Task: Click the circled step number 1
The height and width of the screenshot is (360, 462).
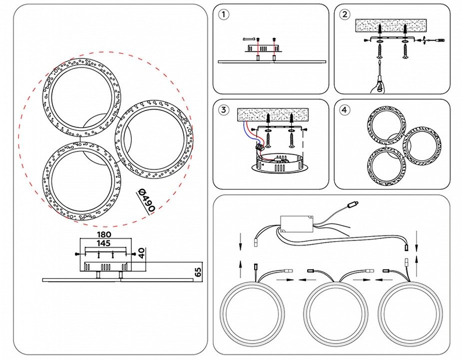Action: (x=224, y=14)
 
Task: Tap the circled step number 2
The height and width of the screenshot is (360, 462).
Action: (x=344, y=14)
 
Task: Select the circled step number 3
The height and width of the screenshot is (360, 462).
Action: (x=224, y=109)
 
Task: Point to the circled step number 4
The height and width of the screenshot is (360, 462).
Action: (x=344, y=109)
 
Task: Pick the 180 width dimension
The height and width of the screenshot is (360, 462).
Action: (x=103, y=234)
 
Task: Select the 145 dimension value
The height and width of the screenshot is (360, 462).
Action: (x=103, y=243)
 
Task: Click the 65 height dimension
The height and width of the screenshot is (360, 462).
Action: (x=198, y=272)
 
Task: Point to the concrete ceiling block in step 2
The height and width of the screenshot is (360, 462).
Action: (x=391, y=25)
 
